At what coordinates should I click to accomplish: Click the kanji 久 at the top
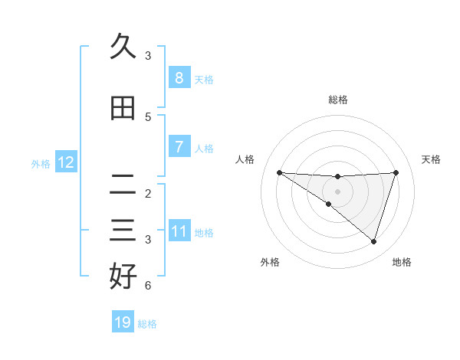pos(123,47)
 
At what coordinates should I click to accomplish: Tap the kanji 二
pos(123,185)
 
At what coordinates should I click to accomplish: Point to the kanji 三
pos(123,231)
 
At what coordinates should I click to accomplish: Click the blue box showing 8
pos(179,77)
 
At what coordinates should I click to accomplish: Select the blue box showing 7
pos(179,146)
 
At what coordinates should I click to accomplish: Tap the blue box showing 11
pos(179,231)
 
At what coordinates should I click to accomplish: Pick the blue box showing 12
pos(65,162)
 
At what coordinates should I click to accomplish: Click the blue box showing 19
pos(123,322)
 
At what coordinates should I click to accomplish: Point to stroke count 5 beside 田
pos(148,117)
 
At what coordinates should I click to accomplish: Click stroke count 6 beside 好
pos(148,286)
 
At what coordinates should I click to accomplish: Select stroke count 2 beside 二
pos(148,194)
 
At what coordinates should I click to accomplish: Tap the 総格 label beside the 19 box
pos(147,324)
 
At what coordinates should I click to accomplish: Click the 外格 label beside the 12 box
pos(40,163)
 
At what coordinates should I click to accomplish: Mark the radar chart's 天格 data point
pos(396,172)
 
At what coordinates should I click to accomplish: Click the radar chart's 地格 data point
pos(373,241)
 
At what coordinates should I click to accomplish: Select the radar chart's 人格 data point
pos(279,172)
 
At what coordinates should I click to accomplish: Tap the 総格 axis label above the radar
pos(337,100)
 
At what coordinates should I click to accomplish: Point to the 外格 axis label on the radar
pos(270,262)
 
